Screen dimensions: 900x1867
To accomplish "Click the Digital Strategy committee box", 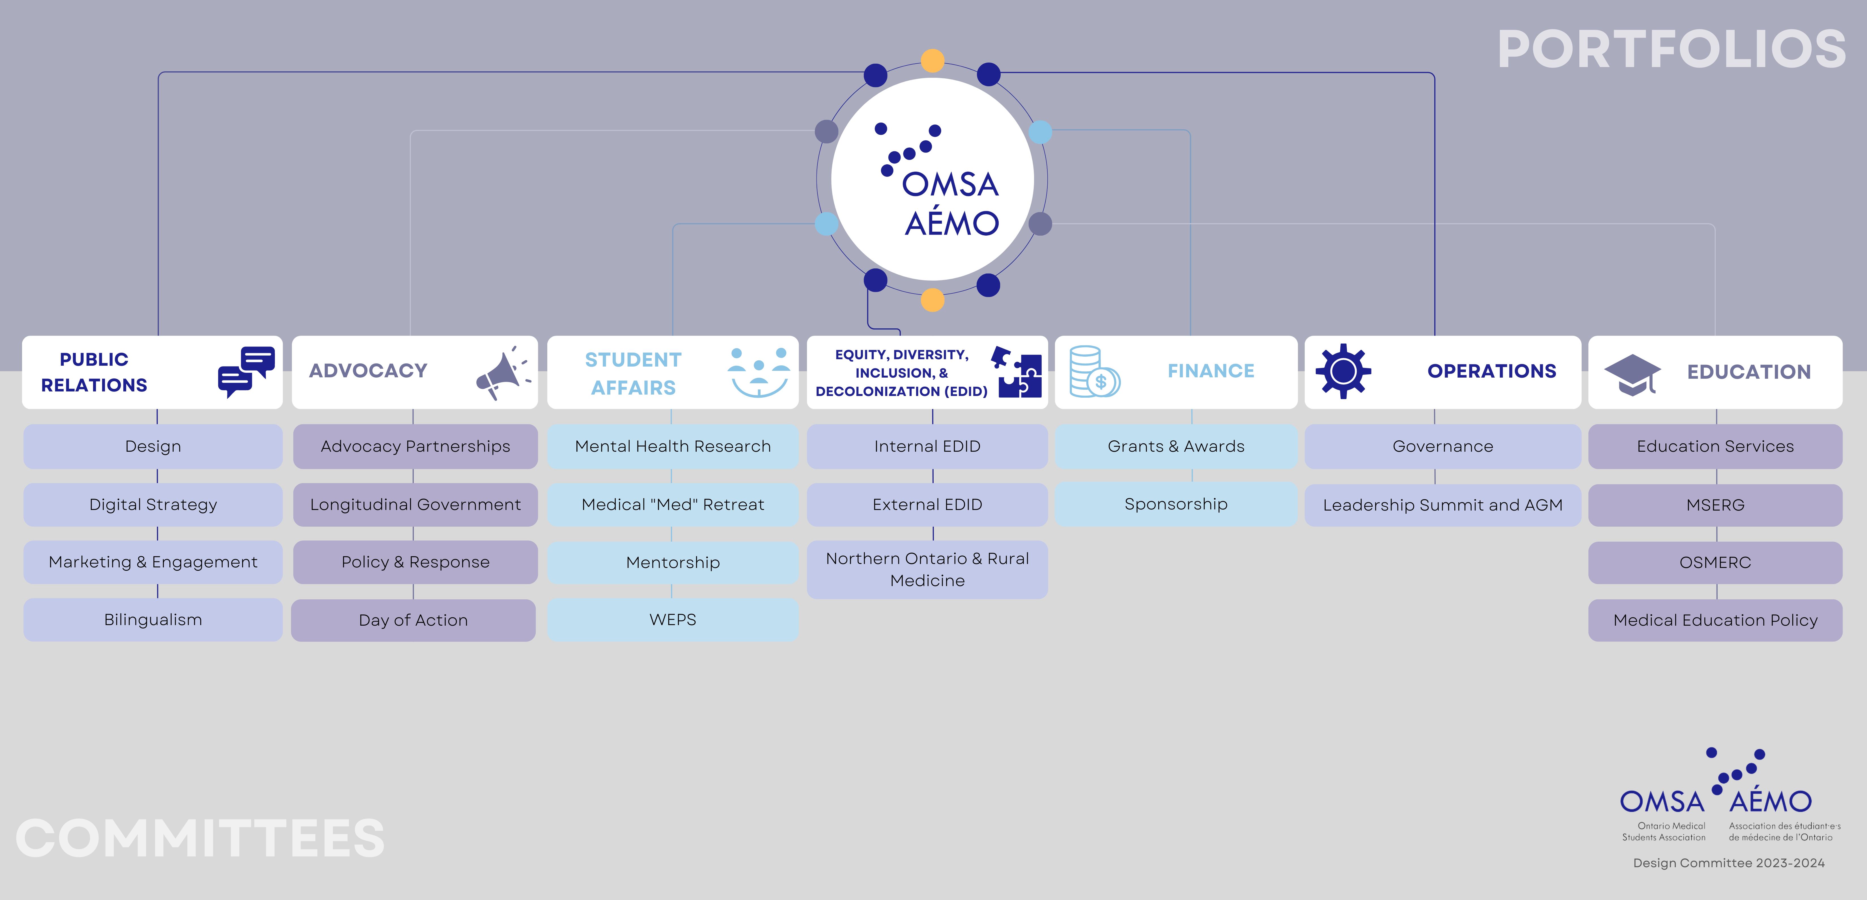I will [153, 504].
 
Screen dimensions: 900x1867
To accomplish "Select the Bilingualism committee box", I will [153, 620].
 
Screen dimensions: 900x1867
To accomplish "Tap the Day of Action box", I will [413, 620].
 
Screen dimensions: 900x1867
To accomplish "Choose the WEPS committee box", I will [673, 620].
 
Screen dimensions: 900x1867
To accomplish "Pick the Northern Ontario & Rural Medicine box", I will [927, 570].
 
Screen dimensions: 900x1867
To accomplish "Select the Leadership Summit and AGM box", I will [1442, 505].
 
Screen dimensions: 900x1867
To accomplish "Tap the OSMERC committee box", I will [1715, 562].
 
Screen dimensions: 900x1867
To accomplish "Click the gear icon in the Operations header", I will [1343, 371].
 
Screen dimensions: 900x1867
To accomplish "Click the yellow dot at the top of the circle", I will [932, 60].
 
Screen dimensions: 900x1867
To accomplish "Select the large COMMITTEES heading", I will [200, 838].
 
